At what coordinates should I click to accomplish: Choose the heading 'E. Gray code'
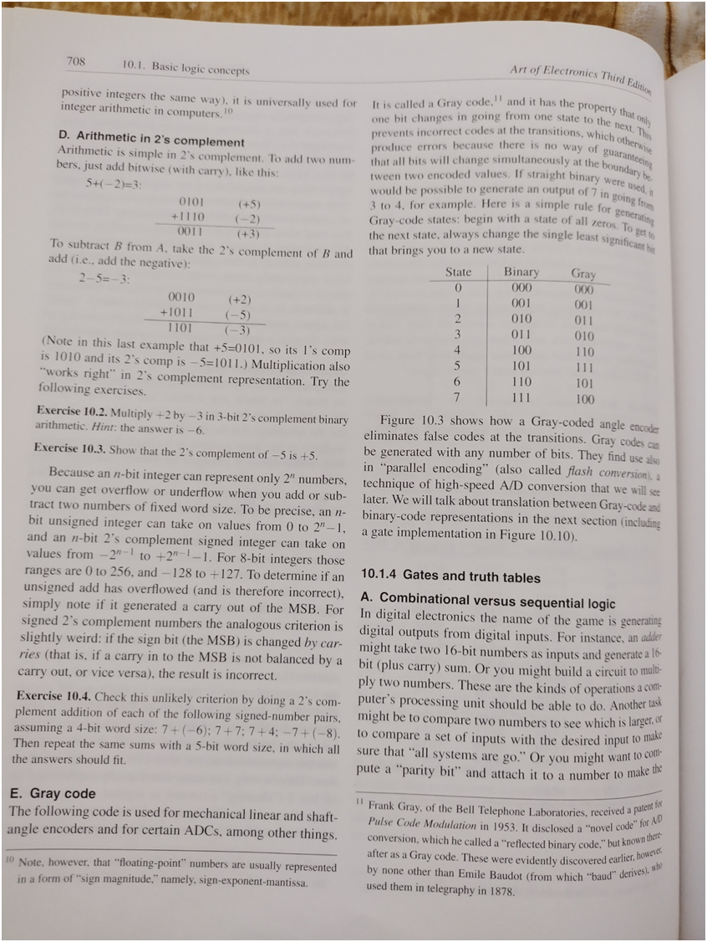point(51,793)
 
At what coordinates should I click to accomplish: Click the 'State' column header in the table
point(458,272)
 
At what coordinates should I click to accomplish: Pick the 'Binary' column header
point(521,273)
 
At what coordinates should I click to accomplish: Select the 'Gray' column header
point(583,274)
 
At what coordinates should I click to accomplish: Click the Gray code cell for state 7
point(584,399)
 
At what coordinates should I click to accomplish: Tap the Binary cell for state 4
point(521,350)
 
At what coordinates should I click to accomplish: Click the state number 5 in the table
point(457,365)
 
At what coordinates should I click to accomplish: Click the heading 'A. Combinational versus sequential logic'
point(486,602)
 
